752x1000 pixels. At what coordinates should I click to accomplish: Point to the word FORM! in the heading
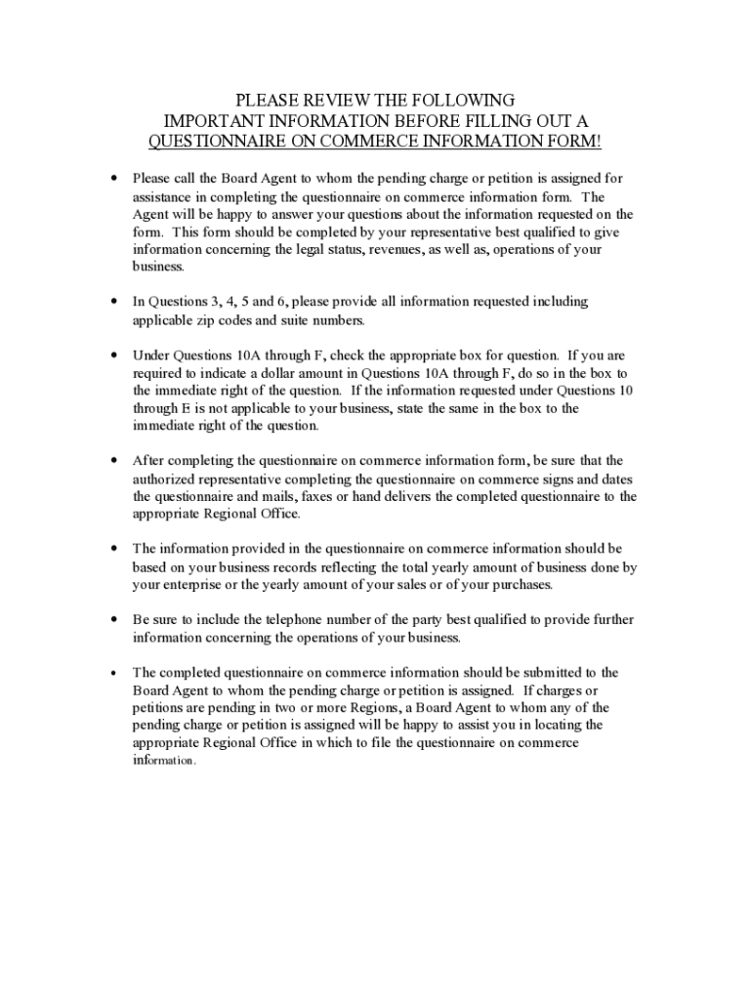(x=579, y=142)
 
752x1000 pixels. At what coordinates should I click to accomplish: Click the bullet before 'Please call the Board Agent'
(x=115, y=180)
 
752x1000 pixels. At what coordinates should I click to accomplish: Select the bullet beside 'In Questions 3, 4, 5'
(x=115, y=303)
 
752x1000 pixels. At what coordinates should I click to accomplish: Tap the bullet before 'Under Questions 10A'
(x=115, y=356)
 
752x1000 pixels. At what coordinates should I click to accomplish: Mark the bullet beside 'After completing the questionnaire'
(x=115, y=461)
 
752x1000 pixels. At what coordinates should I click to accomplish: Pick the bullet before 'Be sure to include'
(x=115, y=620)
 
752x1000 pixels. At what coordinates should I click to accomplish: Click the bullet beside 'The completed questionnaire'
(x=115, y=673)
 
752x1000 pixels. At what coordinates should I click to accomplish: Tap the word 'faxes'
(x=334, y=496)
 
